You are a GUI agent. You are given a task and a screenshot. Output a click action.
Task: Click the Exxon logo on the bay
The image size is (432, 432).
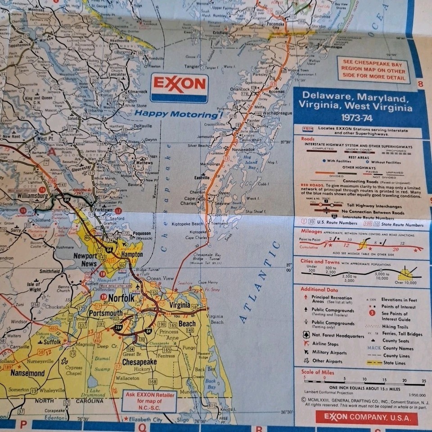(x=179, y=87)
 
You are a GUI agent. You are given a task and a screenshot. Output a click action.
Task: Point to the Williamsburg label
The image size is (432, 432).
(x=33, y=196)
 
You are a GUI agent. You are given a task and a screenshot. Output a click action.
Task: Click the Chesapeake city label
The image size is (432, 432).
(x=139, y=362)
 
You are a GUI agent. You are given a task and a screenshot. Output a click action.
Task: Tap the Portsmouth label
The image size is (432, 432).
(x=105, y=313)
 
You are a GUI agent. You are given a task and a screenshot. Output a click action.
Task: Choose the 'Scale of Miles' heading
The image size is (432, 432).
(x=318, y=372)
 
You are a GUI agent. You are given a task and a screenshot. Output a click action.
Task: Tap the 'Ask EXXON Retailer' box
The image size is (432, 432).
(x=148, y=400)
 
